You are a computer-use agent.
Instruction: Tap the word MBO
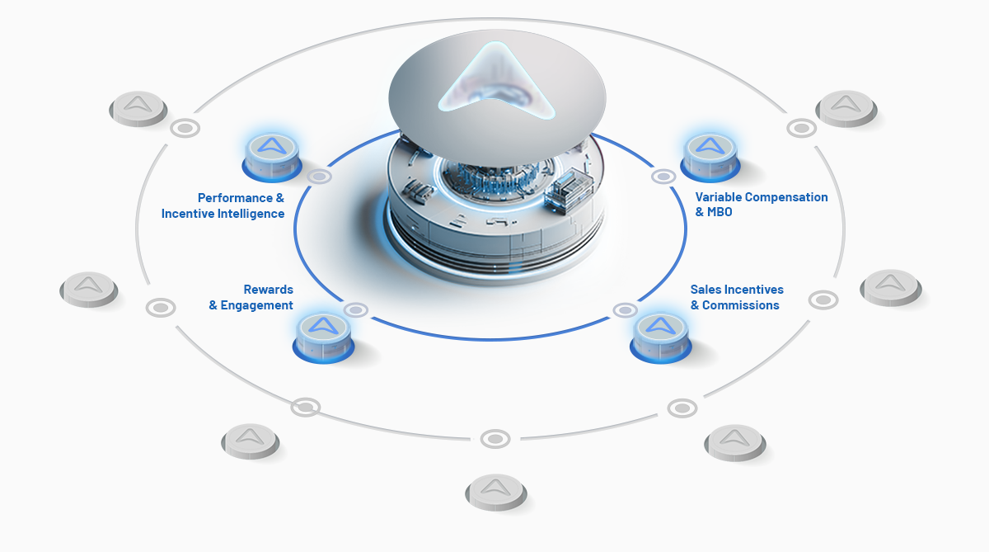click(x=719, y=212)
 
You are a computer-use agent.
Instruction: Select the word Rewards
click(x=269, y=290)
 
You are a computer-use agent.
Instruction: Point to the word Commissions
click(x=740, y=305)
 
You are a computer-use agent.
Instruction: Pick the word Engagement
click(x=256, y=305)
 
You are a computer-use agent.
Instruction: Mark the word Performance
click(x=236, y=197)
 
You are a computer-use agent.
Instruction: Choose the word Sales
click(x=705, y=290)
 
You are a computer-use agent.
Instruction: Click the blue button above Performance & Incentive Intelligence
click(x=272, y=157)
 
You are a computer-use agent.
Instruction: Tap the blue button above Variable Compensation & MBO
click(x=710, y=157)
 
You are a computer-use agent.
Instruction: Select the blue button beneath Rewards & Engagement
click(x=323, y=337)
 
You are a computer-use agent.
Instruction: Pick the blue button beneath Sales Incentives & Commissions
click(x=660, y=337)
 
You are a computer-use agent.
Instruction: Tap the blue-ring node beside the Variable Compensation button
click(x=663, y=177)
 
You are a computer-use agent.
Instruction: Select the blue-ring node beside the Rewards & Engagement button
click(x=356, y=309)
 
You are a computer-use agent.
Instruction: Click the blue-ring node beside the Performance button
click(x=319, y=177)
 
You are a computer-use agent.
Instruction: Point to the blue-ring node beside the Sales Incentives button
click(x=626, y=310)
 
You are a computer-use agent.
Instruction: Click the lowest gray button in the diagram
click(x=496, y=493)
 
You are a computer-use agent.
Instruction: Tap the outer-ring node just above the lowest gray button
click(x=495, y=439)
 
